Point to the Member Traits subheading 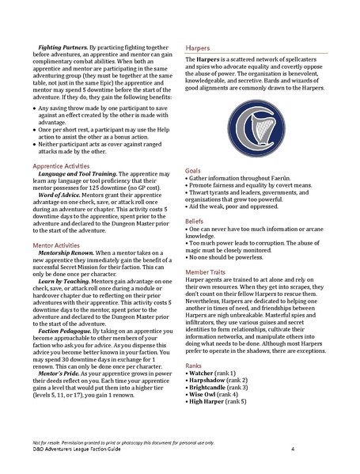point(209,316)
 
